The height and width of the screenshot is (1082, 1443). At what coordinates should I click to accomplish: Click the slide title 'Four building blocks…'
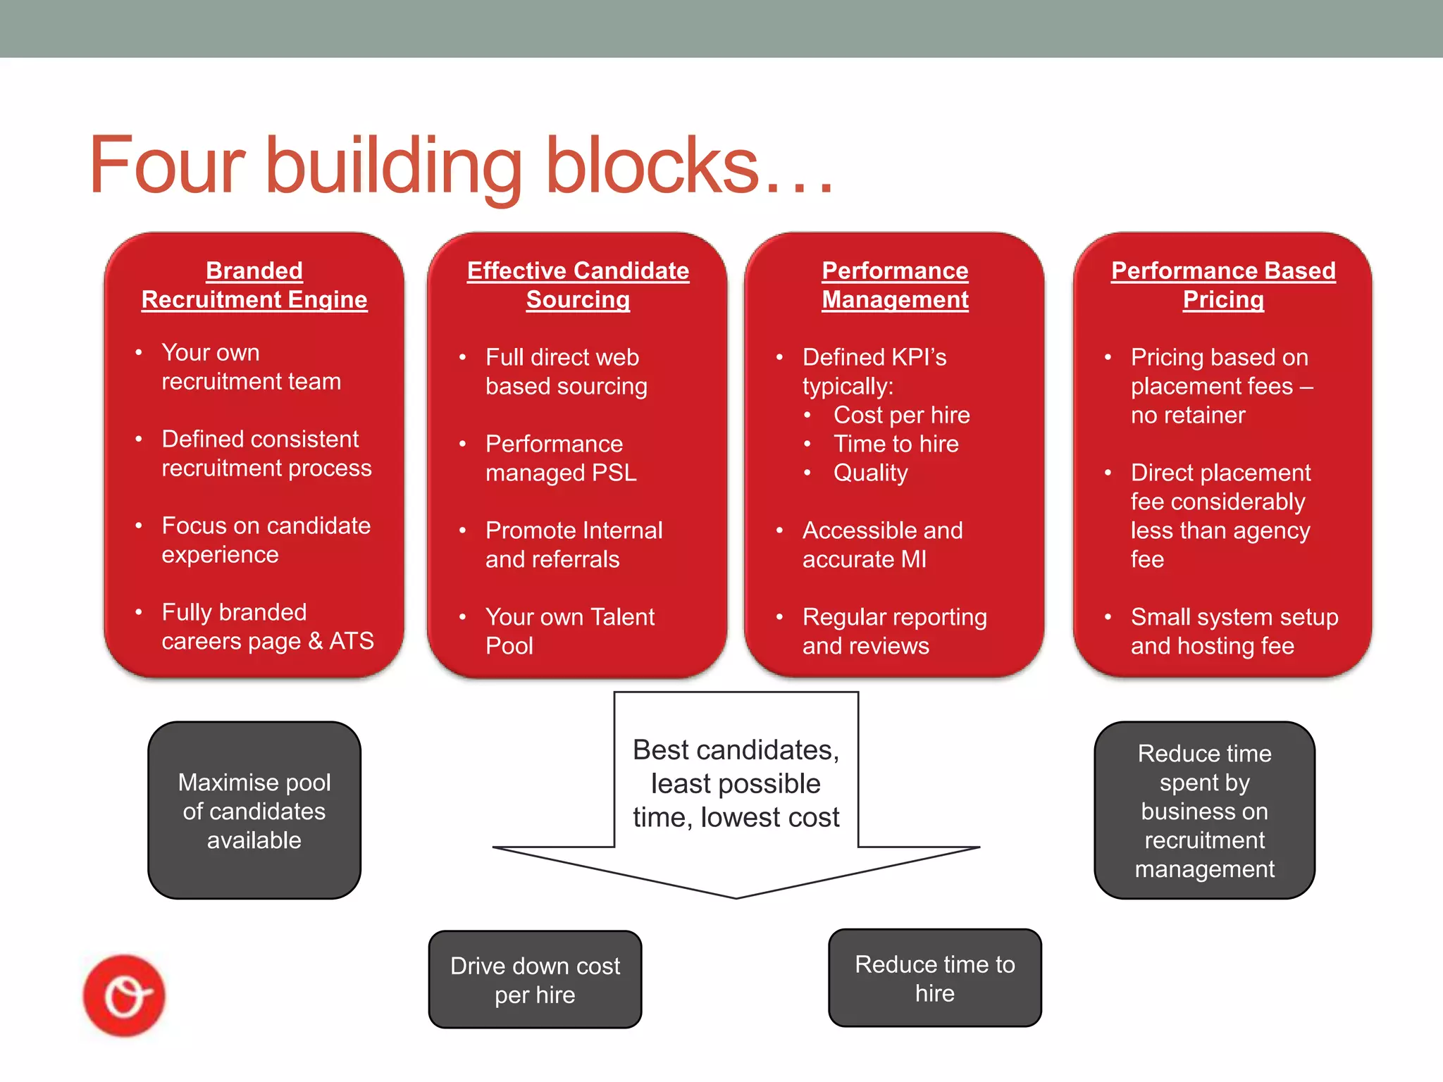[x=462, y=166]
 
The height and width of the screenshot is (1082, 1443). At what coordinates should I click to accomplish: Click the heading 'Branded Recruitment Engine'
[x=254, y=285]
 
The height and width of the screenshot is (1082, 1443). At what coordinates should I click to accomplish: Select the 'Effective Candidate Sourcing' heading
[x=578, y=285]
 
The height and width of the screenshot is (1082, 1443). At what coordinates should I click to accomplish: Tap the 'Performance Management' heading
[x=895, y=285]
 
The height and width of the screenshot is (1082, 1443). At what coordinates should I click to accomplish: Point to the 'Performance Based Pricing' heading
[x=1223, y=285]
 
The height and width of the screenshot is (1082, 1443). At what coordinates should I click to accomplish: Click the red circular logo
[x=124, y=995]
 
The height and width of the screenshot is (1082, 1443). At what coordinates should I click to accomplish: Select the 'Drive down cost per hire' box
[x=535, y=980]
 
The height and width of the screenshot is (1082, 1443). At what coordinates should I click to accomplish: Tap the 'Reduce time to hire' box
[x=934, y=978]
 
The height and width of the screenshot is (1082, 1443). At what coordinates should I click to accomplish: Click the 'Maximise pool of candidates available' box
[x=254, y=811]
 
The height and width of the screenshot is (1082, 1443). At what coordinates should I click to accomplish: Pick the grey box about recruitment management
[x=1204, y=811]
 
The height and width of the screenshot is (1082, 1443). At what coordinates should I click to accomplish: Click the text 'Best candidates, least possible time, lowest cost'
[x=736, y=783]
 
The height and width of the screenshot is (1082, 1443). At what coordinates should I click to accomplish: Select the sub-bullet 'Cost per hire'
[x=901, y=415]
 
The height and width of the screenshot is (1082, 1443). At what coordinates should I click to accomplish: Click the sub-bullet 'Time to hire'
[x=896, y=444]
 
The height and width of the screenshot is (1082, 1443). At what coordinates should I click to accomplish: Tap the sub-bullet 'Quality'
[x=870, y=473]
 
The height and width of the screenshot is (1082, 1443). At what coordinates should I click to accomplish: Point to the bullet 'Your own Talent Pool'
[x=569, y=631]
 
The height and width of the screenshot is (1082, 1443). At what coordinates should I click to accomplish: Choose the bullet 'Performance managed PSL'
[x=561, y=458]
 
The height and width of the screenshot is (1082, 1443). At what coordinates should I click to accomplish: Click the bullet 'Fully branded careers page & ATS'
[x=267, y=626]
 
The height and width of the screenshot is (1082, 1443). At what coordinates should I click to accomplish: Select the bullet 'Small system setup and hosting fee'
[x=1234, y=631]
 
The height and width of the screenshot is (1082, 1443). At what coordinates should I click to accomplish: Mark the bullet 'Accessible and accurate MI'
[x=882, y=545]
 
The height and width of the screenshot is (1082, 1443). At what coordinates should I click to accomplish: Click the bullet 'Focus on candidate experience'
[x=266, y=540]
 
